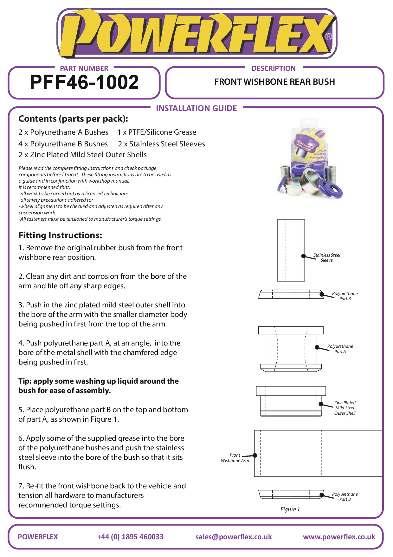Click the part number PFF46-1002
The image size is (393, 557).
(84, 82)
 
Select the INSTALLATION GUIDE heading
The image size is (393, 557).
(196, 109)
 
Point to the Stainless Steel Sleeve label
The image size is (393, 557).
(326, 258)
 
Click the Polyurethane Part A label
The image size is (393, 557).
(340, 349)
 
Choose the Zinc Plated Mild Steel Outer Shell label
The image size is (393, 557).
(345, 408)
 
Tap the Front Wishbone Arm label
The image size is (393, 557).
(235, 458)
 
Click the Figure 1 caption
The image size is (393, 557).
(290, 509)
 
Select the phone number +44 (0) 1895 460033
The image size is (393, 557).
(130, 537)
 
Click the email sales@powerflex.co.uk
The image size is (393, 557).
(234, 537)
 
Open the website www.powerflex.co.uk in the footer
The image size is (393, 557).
(339, 537)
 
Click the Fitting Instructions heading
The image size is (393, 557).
(60, 235)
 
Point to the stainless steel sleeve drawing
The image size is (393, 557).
(291, 250)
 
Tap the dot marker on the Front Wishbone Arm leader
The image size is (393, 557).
(255, 455)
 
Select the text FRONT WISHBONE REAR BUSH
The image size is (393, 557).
(274, 82)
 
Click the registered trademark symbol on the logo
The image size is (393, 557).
(329, 37)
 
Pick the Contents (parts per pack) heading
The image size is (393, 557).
(73, 119)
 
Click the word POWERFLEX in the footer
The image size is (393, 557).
(38, 537)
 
